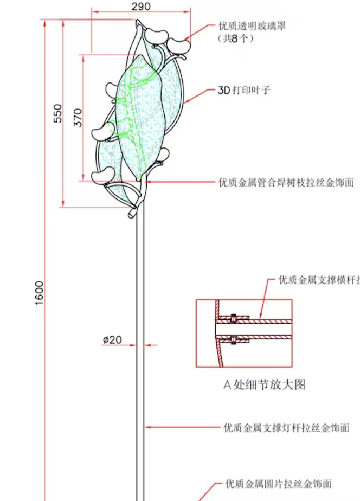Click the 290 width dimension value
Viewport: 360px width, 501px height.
pos(141,6)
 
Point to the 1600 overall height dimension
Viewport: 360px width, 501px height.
pos(39,293)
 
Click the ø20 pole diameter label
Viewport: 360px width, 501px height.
pos(112,340)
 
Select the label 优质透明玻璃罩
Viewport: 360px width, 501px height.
pos(252,26)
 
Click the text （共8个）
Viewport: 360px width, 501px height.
pos(236,38)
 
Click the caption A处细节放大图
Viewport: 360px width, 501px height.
pos(265,385)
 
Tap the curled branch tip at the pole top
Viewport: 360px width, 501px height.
pos(132,214)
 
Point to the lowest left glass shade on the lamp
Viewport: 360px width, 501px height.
pos(102,176)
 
